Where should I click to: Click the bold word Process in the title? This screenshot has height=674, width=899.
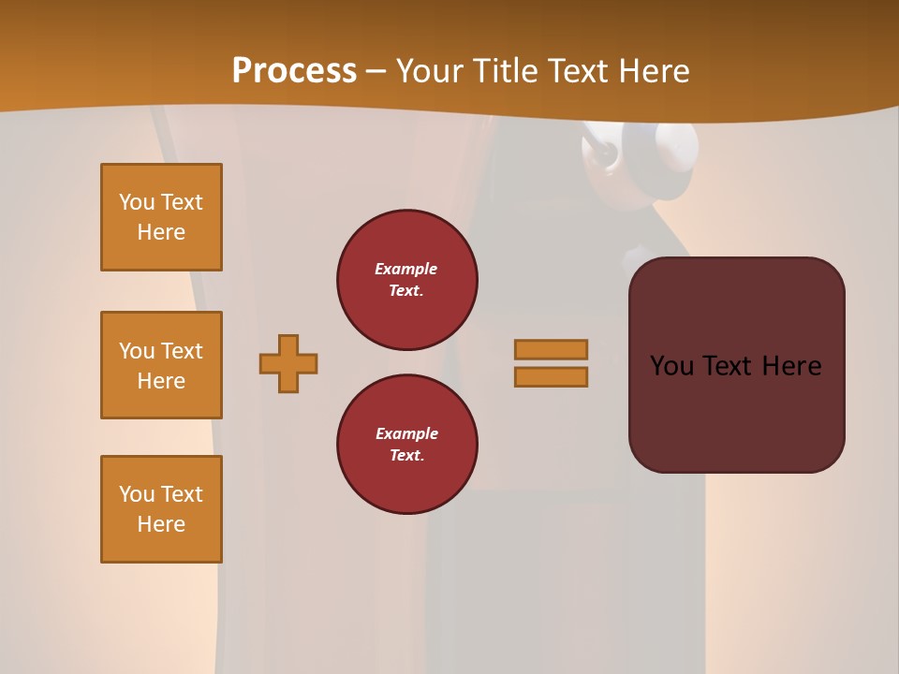click(294, 70)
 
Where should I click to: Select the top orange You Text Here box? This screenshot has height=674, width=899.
click(161, 217)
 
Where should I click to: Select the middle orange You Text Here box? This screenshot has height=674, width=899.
click(161, 365)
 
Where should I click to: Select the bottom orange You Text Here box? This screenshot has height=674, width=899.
click(161, 509)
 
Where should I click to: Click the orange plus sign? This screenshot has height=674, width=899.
click(288, 363)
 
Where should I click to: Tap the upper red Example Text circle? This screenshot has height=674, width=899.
click(407, 280)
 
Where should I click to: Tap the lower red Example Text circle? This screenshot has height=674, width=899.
click(407, 445)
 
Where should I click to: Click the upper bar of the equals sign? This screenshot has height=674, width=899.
click(552, 349)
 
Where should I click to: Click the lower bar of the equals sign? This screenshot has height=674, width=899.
click(552, 376)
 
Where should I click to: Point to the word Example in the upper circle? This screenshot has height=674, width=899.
click(406, 269)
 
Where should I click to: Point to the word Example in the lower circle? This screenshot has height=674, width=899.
click(406, 433)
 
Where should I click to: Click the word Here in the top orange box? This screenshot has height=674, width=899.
click(161, 232)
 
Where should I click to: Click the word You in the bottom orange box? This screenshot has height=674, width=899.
click(136, 494)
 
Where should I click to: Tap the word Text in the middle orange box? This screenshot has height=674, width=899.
click(182, 351)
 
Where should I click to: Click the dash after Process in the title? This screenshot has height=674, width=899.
click(376, 71)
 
